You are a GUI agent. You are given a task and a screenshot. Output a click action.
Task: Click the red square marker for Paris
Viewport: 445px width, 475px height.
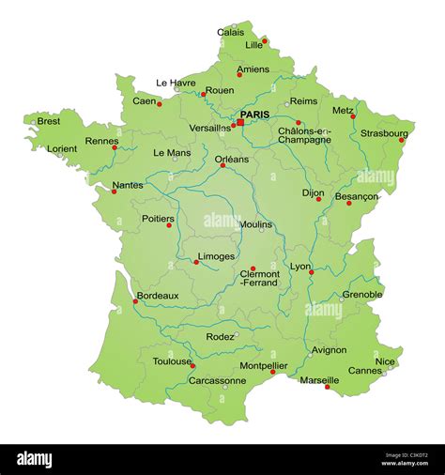[239, 122]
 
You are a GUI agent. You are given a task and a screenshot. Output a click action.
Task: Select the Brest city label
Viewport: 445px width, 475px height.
[48, 121]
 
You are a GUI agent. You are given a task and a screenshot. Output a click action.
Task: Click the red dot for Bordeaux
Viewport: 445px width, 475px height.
[135, 301]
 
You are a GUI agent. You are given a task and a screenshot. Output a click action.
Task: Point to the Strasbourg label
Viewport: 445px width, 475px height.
[385, 132]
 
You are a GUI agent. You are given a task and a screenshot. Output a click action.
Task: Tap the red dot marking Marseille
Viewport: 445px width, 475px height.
[327, 387]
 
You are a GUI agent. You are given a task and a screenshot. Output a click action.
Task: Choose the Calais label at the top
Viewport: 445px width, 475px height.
[231, 32]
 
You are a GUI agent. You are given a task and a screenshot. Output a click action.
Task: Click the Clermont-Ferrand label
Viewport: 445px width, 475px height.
[260, 279]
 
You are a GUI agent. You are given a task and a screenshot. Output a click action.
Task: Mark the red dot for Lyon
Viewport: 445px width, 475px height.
[312, 272]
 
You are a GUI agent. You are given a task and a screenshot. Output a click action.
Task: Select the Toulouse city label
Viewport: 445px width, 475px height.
[173, 361]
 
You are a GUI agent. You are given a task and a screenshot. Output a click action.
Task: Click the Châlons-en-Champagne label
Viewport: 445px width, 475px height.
[304, 135]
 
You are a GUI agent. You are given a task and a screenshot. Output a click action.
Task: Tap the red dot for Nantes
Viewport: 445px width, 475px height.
[115, 192]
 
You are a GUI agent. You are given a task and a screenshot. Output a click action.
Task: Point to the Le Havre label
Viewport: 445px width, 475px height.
[176, 83]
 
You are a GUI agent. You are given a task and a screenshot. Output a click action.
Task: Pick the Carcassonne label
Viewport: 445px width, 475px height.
[217, 380]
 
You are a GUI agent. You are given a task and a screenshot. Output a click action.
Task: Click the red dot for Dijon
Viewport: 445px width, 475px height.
[318, 199]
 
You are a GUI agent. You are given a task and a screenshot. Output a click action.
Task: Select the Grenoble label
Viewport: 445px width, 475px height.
[362, 294]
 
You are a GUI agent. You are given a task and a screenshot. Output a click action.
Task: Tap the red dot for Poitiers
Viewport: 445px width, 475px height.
[170, 225]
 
